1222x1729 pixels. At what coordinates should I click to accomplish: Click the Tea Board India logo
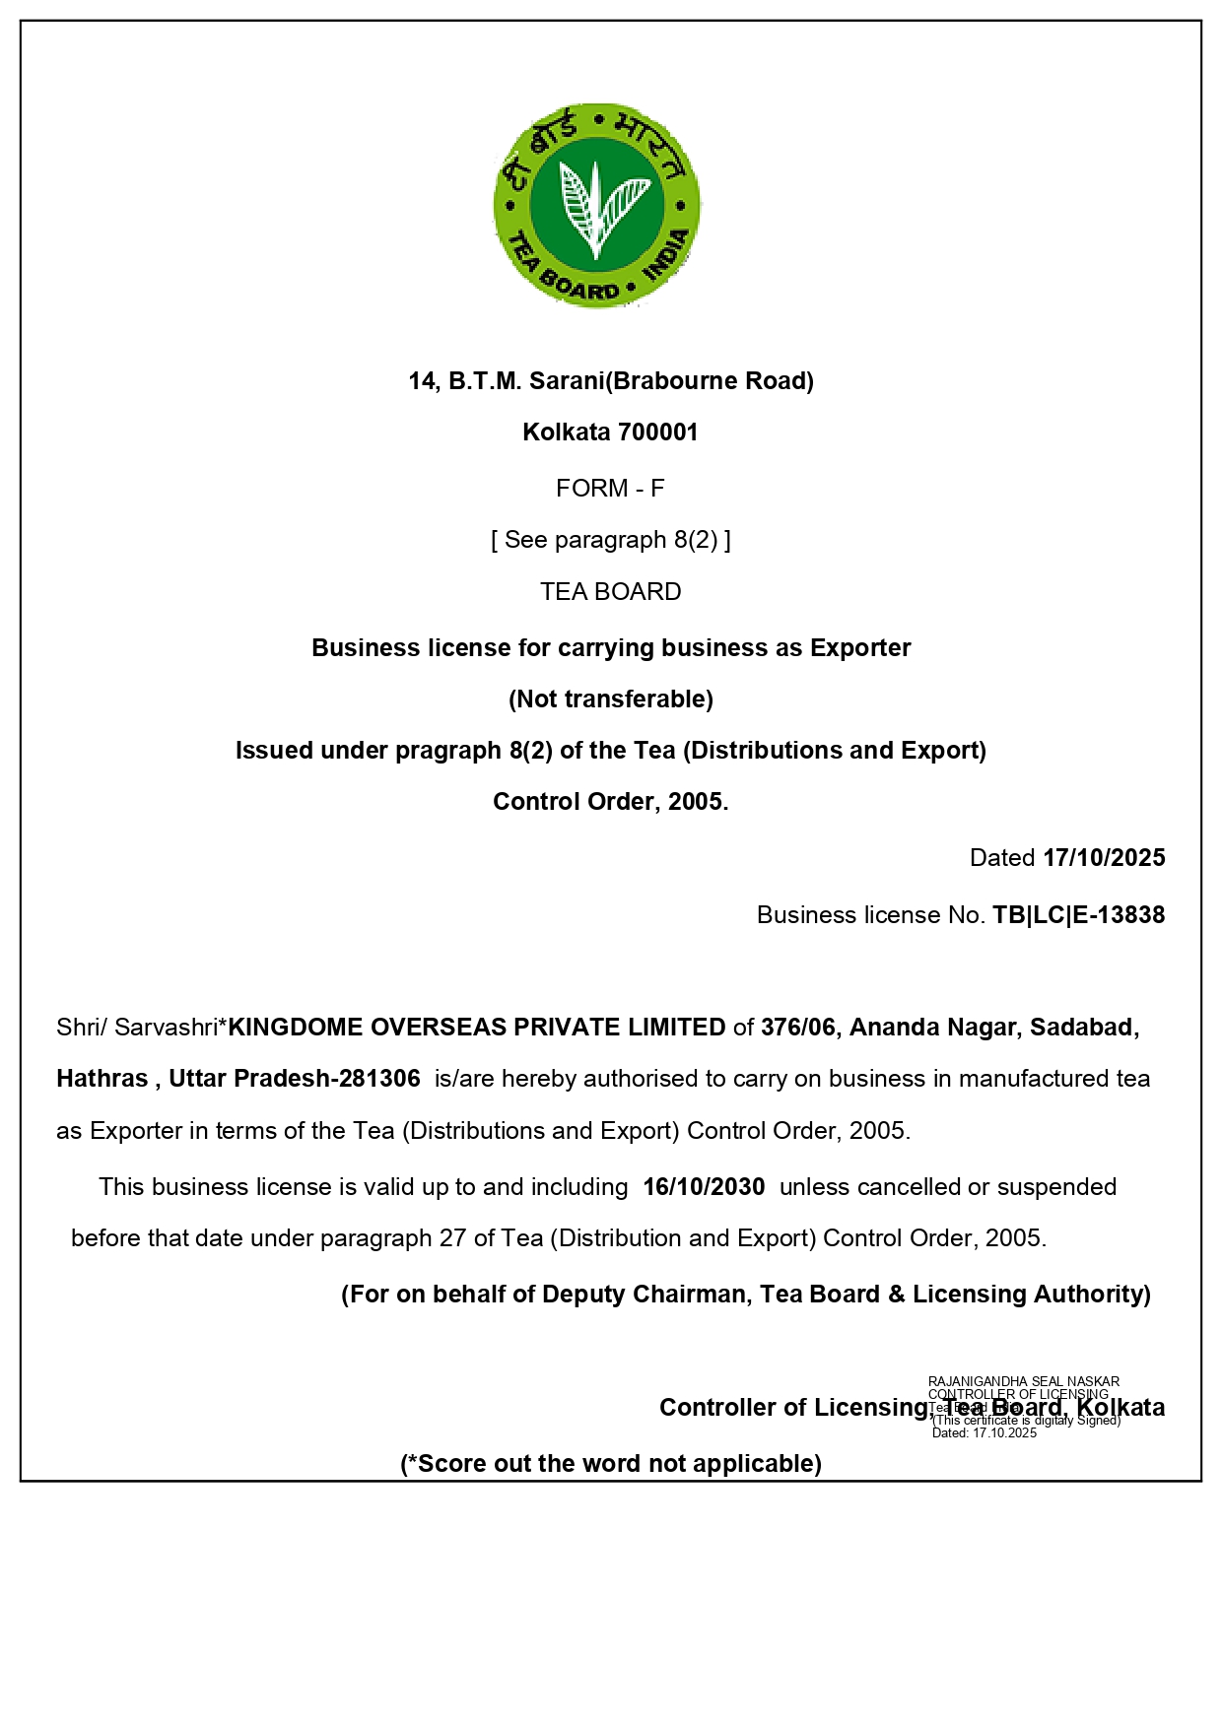597,205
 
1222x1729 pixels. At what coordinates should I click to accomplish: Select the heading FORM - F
610,489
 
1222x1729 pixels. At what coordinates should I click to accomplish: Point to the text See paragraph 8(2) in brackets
611,540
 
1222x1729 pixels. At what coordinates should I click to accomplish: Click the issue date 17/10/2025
1104,858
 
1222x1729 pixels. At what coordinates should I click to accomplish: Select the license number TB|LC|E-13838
1078,915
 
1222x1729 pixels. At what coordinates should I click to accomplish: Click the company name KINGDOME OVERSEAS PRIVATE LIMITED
477,1028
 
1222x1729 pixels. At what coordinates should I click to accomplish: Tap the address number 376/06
798,1028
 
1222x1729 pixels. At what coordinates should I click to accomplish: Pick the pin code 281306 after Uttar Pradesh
379,1079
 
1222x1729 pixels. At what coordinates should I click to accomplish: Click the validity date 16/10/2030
704,1187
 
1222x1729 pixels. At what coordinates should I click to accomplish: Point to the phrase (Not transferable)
611,699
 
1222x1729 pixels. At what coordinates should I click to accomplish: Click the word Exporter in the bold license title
860,648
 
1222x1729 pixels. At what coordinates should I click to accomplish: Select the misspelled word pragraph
448,751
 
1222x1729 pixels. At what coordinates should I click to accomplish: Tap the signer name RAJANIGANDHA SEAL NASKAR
1024,1381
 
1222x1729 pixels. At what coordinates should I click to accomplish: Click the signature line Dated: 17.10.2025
984,1433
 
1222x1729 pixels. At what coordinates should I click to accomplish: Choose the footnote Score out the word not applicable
611,1464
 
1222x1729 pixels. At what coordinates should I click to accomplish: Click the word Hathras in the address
102,1079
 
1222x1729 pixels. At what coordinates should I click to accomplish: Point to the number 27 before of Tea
452,1238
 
